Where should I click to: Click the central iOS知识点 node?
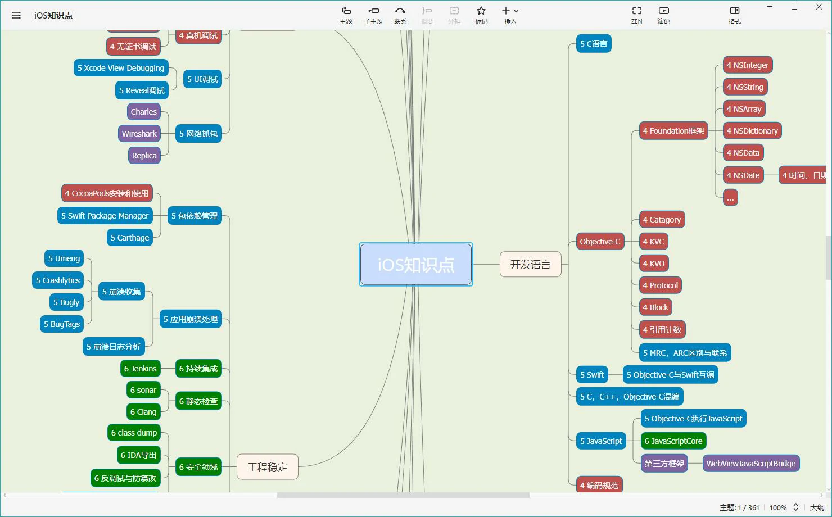(x=416, y=265)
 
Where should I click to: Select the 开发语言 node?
(x=530, y=265)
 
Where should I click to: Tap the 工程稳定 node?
(x=268, y=467)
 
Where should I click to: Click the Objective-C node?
(x=600, y=242)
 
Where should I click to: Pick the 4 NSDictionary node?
(x=752, y=131)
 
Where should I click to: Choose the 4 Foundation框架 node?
(x=673, y=131)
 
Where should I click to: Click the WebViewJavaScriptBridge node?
(x=750, y=464)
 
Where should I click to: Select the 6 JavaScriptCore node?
(x=673, y=441)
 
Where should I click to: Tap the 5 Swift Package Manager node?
(x=105, y=216)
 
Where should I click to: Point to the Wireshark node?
(x=139, y=134)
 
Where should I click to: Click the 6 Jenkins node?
(x=140, y=369)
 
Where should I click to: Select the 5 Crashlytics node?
(x=57, y=280)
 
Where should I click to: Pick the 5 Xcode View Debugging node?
(x=121, y=68)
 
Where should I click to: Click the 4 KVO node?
(x=653, y=264)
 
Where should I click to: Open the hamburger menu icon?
(x=16, y=15)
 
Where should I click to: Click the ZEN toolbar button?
(x=636, y=15)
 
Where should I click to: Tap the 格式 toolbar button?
(x=734, y=15)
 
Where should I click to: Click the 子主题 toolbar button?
(x=373, y=15)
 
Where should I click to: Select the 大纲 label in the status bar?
(x=817, y=507)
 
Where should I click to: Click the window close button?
(x=819, y=7)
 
